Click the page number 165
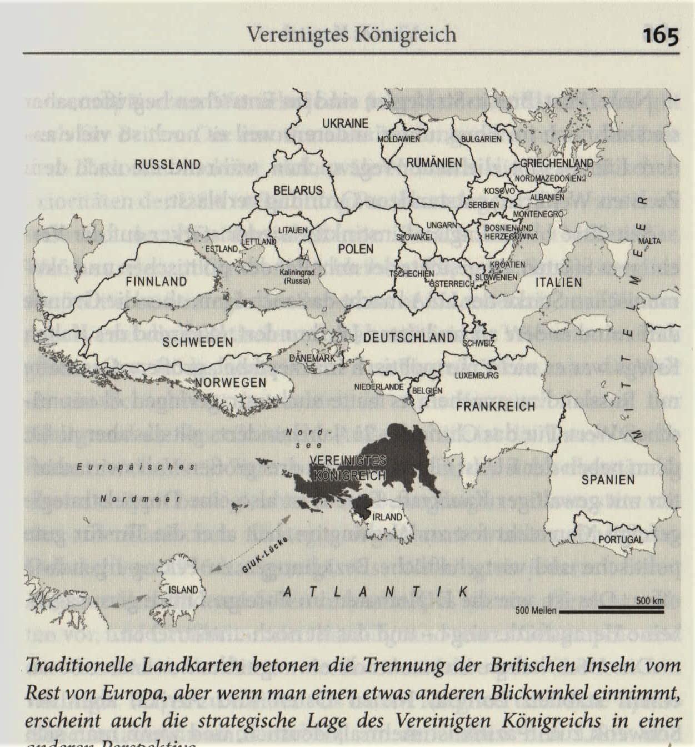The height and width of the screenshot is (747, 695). click(x=661, y=36)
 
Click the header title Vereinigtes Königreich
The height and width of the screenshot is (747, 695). click(x=351, y=34)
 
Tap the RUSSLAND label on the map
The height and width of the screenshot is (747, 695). click(x=167, y=164)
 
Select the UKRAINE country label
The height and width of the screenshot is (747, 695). click(x=346, y=123)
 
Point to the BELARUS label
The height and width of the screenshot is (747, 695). click(x=298, y=190)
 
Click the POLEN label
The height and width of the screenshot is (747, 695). click(x=356, y=249)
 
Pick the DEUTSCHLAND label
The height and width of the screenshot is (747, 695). click(x=409, y=338)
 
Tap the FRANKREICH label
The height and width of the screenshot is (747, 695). click(x=496, y=407)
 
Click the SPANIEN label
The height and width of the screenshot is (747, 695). click(x=608, y=480)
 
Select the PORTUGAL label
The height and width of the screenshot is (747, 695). click(x=621, y=539)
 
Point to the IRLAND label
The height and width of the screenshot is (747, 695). click(x=387, y=517)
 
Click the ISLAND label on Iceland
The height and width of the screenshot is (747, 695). click(x=183, y=590)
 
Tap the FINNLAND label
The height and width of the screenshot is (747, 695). click(x=156, y=282)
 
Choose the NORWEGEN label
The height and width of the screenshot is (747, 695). click(x=230, y=383)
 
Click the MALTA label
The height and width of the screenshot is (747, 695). click(x=649, y=241)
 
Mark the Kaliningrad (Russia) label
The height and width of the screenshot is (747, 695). click(x=297, y=277)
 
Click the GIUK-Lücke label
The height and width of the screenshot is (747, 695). click(x=265, y=555)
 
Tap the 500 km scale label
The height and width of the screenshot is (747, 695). click(x=649, y=601)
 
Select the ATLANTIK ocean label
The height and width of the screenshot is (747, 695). click(x=375, y=592)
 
